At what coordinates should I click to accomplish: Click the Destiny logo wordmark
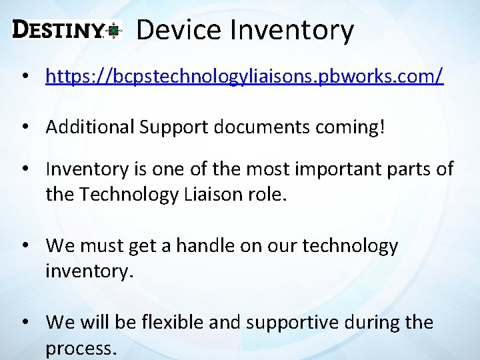58,30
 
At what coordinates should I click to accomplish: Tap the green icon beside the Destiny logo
115,30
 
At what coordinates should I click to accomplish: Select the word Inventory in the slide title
291,30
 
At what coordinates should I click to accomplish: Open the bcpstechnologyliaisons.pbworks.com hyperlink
244,76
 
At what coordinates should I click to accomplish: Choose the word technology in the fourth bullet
350,246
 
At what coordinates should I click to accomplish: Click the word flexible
171,323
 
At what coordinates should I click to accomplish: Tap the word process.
81,348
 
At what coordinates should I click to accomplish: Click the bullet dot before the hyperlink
24,77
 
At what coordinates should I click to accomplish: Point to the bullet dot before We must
24,247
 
